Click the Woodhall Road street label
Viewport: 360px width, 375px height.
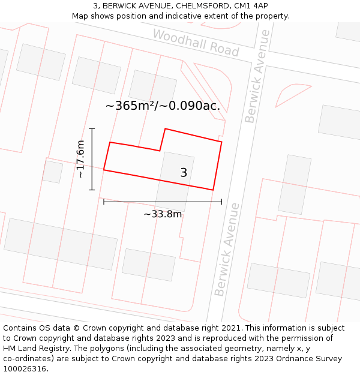[196, 43]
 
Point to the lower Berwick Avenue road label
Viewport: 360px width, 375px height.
[227, 249]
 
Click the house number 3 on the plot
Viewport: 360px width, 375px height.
[184, 173]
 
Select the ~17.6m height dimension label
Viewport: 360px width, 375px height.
[80, 159]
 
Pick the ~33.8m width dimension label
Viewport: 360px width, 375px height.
[163, 214]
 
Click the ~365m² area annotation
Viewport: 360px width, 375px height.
[163, 106]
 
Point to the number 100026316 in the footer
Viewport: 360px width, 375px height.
[25, 369]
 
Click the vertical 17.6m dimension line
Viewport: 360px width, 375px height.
[92, 159]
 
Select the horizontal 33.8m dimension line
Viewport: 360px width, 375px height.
[163, 202]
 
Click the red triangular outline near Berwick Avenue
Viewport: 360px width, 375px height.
[291, 95]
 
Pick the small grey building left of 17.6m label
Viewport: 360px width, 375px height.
[53, 172]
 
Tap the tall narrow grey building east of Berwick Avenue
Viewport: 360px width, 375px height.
[295, 184]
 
